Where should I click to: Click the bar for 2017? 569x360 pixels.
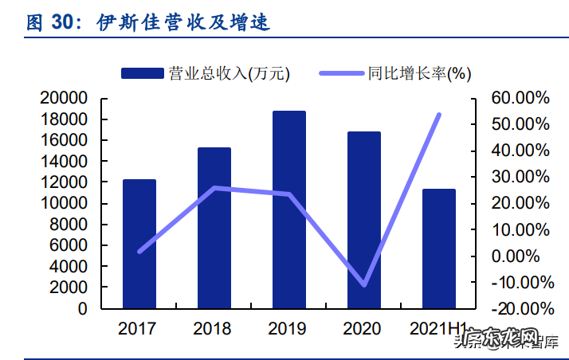(x=139, y=244)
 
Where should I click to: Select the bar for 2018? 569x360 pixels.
(x=214, y=228)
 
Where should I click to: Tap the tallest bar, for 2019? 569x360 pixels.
(x=288, y=209)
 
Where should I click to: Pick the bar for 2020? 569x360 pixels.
(x=363, y=220)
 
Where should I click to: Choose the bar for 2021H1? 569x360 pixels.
(x=438, y=248)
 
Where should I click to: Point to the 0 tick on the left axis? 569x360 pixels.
(x=82, y=309)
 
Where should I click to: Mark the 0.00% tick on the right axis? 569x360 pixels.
(x=520, y=256)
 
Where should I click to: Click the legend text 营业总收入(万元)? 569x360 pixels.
(x=229, y=73)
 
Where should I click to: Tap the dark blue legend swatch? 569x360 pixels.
(x=143, y=73)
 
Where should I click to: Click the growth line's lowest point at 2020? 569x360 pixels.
(x=364, y=284)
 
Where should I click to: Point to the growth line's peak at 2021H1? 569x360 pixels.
(x=438, y=115)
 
